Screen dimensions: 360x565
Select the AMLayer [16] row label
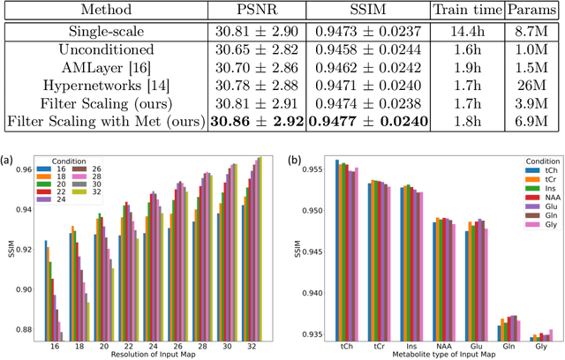[105, 69]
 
